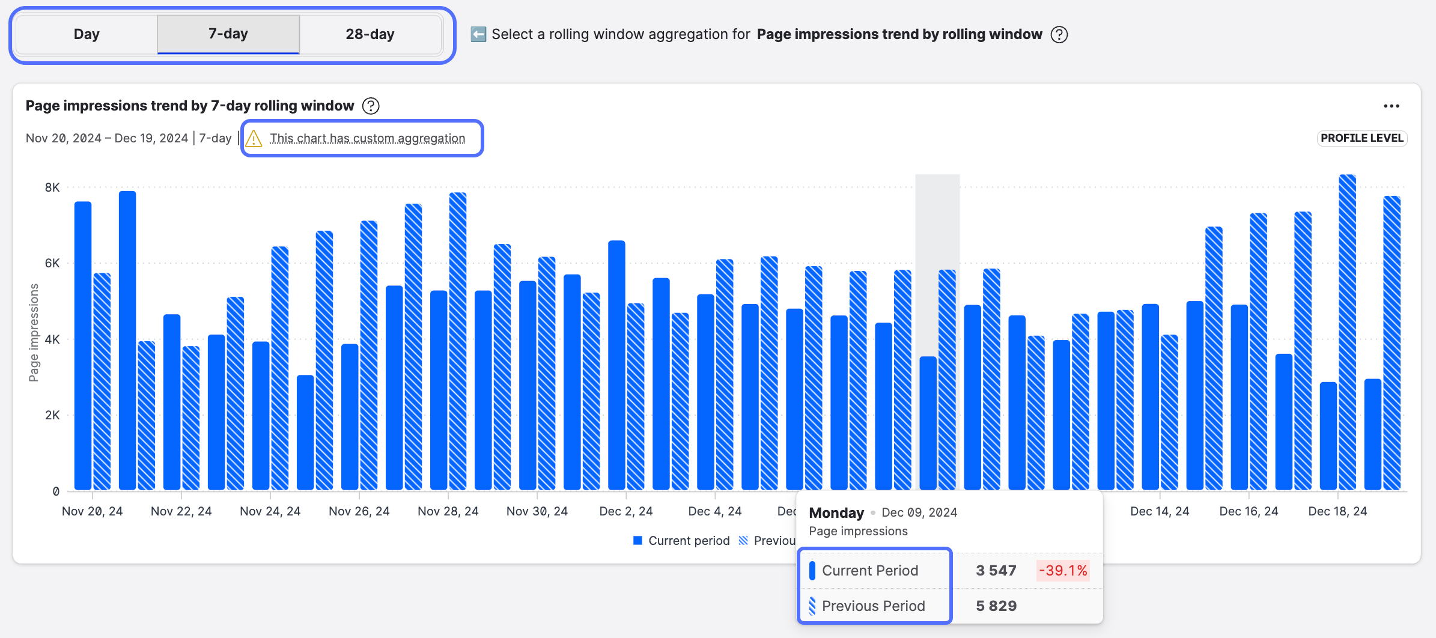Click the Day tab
point(87,34)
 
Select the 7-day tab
point(228,34)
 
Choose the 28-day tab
point(370,34)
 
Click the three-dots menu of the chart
point(1391,106)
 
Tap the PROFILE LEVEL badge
point(1361,138)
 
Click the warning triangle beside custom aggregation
point(254,139)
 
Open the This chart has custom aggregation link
point(367,139)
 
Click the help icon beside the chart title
point(371,106)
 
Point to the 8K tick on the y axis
point(52,187)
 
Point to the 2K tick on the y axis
point(52,415)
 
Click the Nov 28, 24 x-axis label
point(448,511)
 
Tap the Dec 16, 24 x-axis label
point(1249,511)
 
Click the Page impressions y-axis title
point(34,332)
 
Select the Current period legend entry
point(682,541)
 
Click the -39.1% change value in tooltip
point(1063,571)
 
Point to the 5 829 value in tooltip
point(996,606)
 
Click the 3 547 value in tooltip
point(996,571)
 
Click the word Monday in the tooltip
point(836,512)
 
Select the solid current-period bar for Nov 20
point(83,346)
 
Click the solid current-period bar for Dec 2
point(616,365)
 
